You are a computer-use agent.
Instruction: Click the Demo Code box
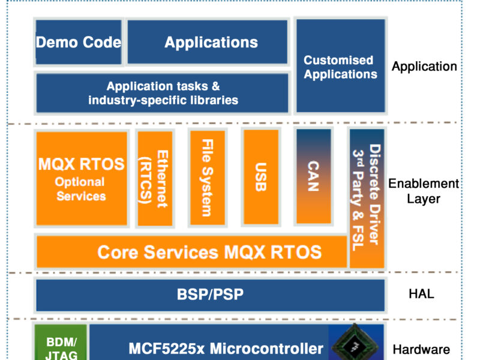point(78,42)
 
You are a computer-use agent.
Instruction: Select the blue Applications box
point(208,42)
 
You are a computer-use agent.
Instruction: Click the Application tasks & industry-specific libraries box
point(163,93)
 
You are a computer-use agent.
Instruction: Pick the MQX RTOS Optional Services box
point(82,179)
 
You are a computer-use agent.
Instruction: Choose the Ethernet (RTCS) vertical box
point(155,179)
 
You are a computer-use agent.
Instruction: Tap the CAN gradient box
point(313,176)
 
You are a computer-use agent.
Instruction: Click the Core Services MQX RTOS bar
point(192,251)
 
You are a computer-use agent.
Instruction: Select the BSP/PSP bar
point(210,295)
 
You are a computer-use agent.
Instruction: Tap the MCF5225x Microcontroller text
point(226,348)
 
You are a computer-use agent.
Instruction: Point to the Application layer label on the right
point(424,67)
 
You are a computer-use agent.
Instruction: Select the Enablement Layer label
point(424,191)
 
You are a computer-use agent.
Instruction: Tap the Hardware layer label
point(421,349)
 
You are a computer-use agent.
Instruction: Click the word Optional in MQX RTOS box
point(80,182)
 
